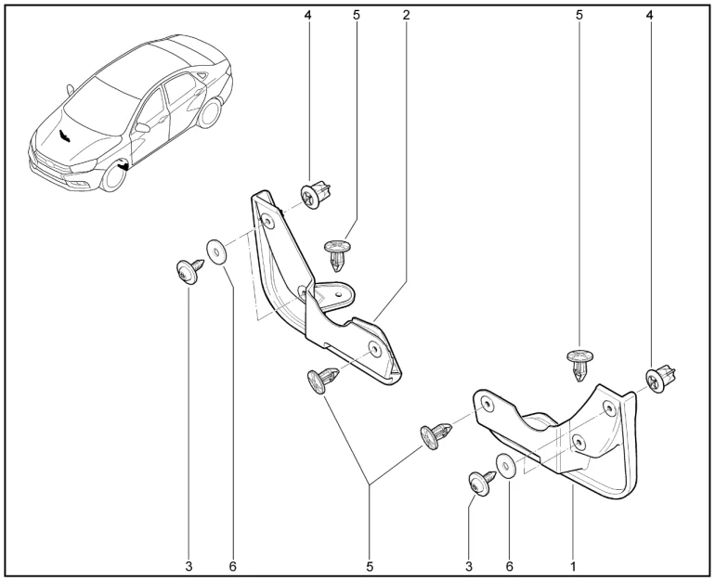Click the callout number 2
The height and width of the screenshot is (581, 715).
point(406,15)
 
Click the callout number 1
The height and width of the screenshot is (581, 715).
point(573,566)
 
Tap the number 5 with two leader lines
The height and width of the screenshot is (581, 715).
point(370,566)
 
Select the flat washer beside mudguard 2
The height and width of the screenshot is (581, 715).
point(217,252)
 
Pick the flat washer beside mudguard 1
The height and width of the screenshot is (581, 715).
point(506,466)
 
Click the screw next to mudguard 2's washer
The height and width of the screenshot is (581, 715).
point(188,271)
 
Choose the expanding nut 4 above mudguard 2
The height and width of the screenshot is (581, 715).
point(315,195)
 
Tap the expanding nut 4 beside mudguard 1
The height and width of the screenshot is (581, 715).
point(660,379)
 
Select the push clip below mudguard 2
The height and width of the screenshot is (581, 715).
point(323,379)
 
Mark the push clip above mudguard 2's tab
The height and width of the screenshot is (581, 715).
point(337,254)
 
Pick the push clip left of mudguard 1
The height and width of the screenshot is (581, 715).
point(435,435)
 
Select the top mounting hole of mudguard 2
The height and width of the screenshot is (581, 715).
point(266,221)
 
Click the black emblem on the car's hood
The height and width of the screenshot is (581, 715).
point(64,136)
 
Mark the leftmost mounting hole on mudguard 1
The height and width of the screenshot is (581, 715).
point(487,405)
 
